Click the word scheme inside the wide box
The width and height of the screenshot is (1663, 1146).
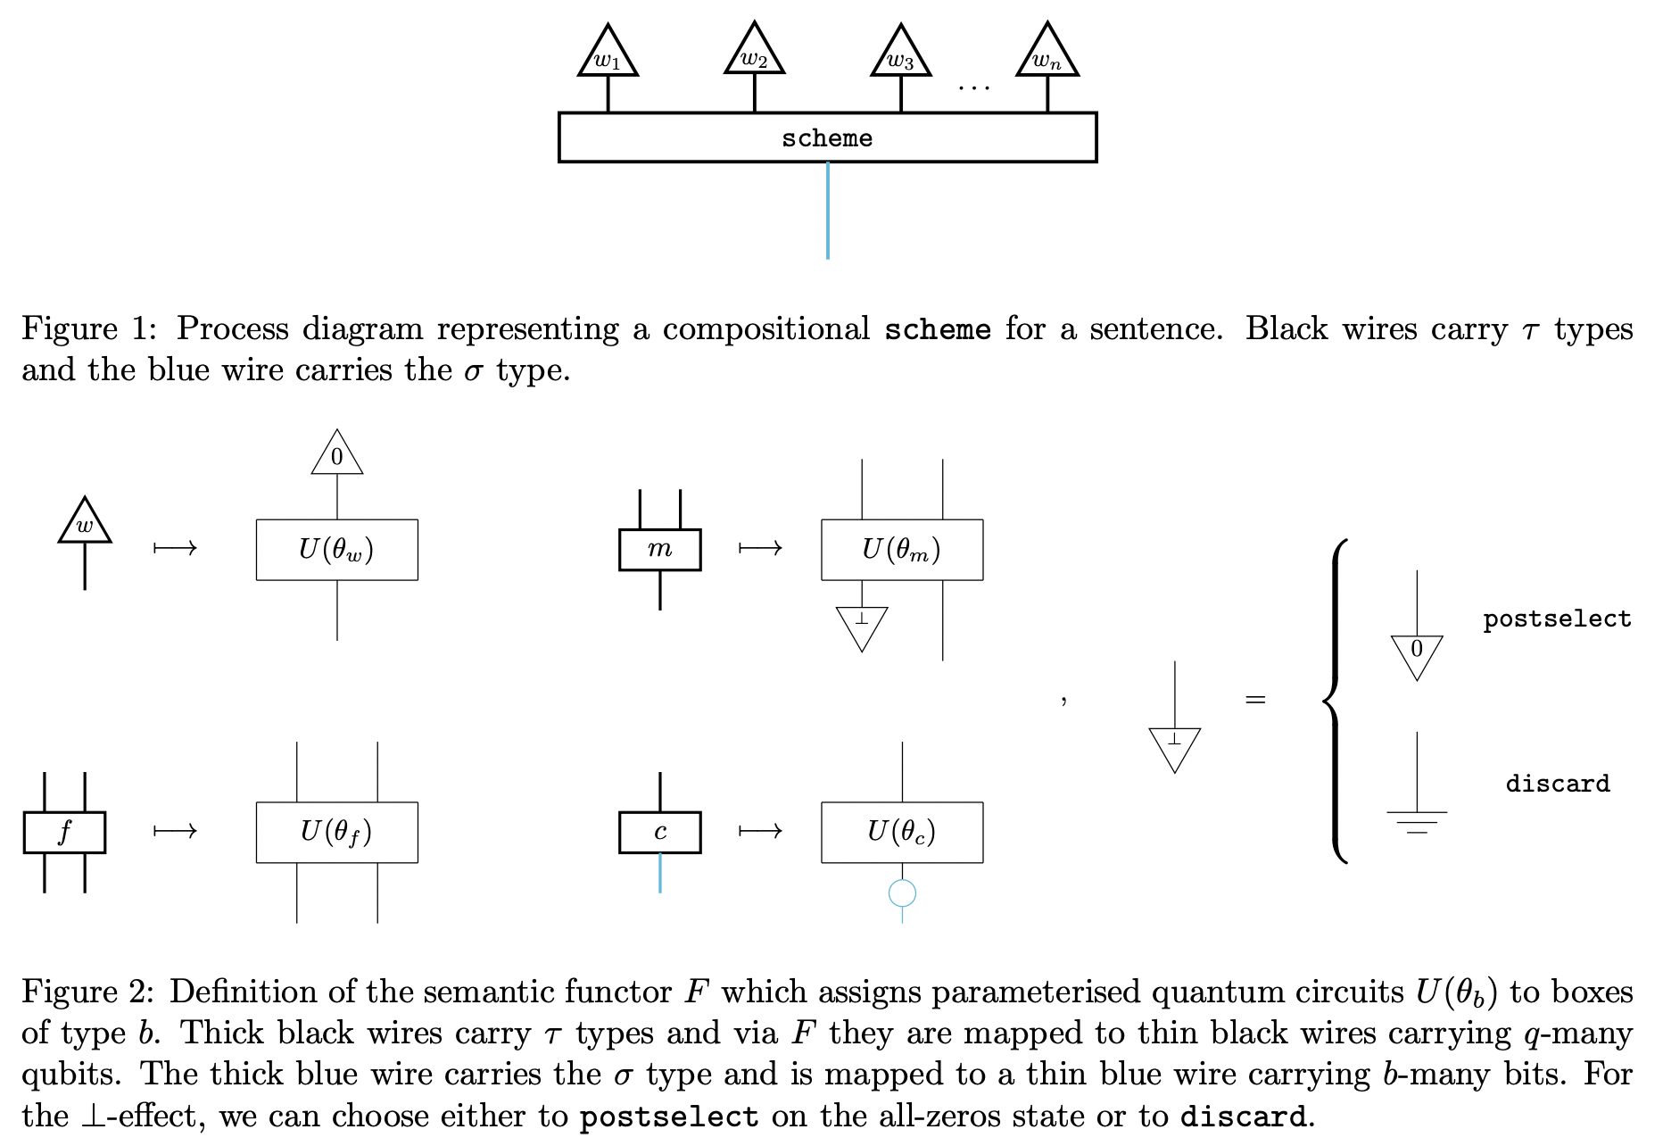(827, 138)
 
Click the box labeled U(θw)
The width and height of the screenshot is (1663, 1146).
(336, 550)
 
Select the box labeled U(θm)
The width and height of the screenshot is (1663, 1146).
(901, 550)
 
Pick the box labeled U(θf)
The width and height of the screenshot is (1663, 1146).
(336, 832)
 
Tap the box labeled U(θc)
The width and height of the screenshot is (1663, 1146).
(901, 832)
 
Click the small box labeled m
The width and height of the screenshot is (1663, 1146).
(659, 550)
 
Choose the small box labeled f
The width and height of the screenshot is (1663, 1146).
(64, 832)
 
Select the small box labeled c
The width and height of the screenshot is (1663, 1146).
(659, 832)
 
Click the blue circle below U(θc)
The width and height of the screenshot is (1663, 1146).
(902, 893)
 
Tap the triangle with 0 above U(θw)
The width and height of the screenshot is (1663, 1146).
(337, 456)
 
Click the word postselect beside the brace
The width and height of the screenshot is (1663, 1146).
(1556, 619)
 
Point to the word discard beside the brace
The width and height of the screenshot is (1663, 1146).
(1557, 784)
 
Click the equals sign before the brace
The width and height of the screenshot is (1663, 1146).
(1255, 700)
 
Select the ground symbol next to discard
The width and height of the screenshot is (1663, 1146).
(1417, 820)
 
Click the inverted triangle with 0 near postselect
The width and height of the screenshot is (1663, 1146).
(1417, 653)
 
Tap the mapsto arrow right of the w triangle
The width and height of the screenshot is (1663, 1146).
(175, 548)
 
